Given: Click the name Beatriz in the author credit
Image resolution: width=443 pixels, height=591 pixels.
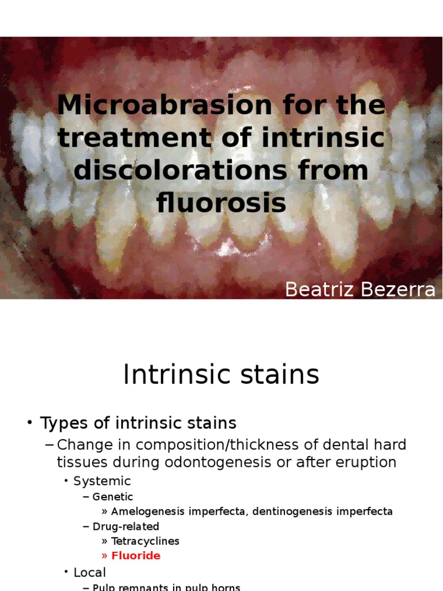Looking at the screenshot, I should [x=318, y=290].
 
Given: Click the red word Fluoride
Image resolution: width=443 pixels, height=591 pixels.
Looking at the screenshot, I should [x=136, y=556].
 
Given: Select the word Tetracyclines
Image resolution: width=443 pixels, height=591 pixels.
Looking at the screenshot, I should [x=145, y=541].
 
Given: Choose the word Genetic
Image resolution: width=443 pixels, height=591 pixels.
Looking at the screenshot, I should [x=113, y=497].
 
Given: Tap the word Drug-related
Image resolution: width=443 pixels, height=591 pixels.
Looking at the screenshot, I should [x=126, y=526].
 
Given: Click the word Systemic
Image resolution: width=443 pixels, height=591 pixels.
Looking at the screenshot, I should [x=102, y=481].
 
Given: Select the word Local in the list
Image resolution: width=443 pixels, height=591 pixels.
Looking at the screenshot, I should [x=90, y=573].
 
